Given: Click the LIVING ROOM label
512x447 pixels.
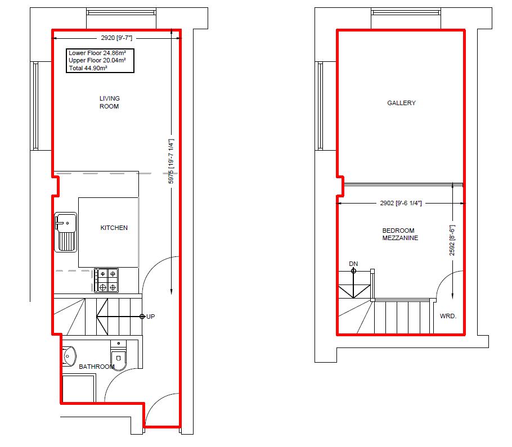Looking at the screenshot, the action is point(109,102).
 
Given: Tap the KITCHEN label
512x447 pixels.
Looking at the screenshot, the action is point(114,228).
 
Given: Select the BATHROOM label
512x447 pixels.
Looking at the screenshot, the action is point(97,367).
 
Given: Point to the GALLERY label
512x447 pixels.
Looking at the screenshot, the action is point(401,103).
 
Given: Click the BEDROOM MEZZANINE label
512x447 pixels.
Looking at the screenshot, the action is point(400,234).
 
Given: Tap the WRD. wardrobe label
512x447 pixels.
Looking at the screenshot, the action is point(448,316).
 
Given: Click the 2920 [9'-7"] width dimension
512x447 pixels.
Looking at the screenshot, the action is point(116,38).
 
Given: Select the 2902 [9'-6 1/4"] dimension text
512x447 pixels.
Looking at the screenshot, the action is point(401,204).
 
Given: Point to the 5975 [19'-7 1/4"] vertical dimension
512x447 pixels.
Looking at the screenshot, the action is point(171,161).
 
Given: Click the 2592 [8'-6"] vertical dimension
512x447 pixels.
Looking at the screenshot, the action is point(452,240).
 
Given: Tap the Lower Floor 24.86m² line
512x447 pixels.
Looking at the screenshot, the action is point(97,53).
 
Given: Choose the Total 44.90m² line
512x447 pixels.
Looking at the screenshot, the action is point(88,68).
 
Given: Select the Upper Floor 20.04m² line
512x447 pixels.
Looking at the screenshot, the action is point(97,60).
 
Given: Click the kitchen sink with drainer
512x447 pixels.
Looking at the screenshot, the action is point(66,232).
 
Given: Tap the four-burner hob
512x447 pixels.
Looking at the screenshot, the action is point(106,280).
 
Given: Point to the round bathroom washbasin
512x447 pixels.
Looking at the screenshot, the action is point(69,356).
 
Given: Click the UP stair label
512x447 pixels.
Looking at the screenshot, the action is point(151,317).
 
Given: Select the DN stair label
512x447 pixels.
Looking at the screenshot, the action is point(353,264).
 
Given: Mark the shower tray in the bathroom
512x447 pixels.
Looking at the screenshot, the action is point(79,389).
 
